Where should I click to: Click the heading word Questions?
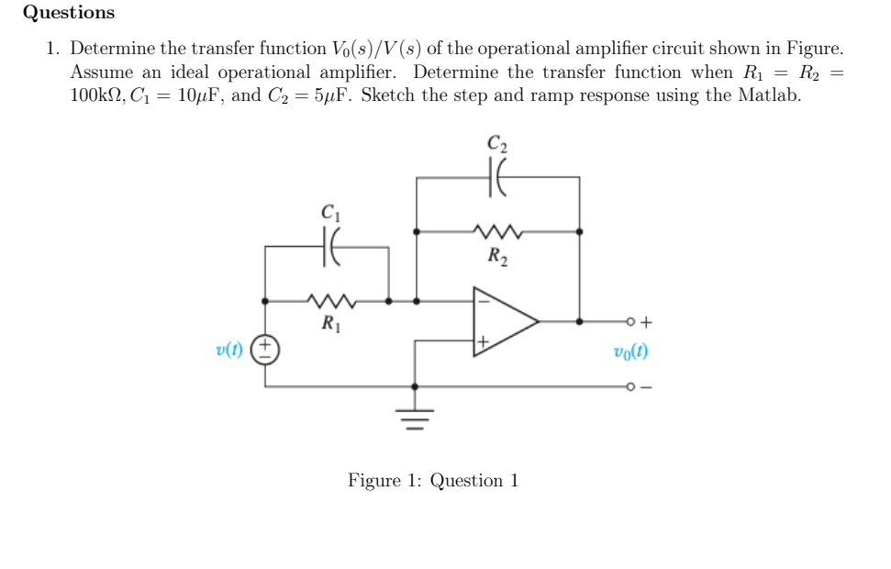[69, 13]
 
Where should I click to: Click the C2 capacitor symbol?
[498, 177]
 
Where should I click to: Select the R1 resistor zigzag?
[327, 300]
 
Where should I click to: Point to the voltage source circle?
[266, 349]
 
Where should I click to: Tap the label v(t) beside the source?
[230, 349]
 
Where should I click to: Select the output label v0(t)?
[631, 351]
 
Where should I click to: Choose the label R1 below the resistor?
[328, 322]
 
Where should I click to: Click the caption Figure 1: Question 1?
[433, 480]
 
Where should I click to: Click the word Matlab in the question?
[772, 95]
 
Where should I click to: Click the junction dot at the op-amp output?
[579, 322]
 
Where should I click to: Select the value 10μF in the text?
[194, 95]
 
